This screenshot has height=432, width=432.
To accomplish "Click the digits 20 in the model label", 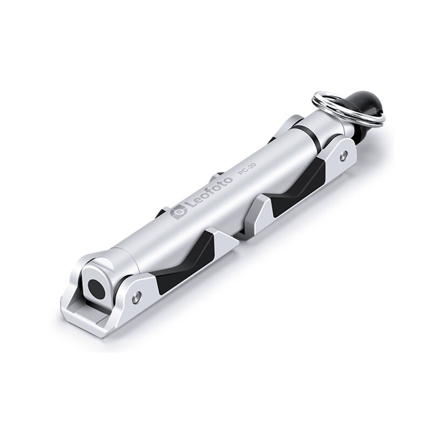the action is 252,167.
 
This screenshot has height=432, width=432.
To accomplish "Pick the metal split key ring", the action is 348,109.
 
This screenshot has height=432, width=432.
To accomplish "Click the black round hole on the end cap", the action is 96,289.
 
